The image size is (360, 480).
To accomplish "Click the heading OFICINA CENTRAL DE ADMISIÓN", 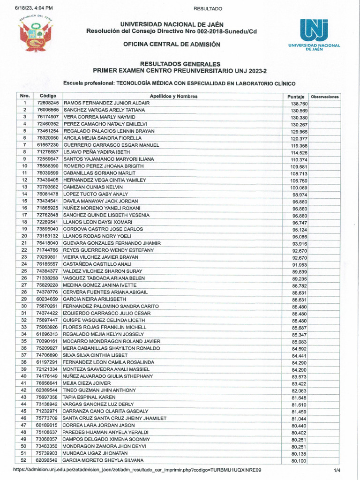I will [x=172, y=44].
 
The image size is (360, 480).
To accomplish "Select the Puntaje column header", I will [x=296, y=97].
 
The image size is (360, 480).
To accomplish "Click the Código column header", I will [x=48, y=96].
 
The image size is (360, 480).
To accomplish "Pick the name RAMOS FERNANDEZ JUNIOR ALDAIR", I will [x=106, y=103].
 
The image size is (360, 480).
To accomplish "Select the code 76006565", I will [x=48, y=110].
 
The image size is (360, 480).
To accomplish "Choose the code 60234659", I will [x=48, y=299].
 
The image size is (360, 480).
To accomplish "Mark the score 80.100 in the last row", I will [x=299, y=461].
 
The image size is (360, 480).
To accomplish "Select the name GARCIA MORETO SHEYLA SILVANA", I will [x=103, y=461].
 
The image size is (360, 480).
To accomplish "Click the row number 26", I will [x=24, y=278].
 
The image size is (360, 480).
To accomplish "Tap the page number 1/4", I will [x=337, y=470].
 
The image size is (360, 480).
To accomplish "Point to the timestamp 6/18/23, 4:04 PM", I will [x=34, y=8].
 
